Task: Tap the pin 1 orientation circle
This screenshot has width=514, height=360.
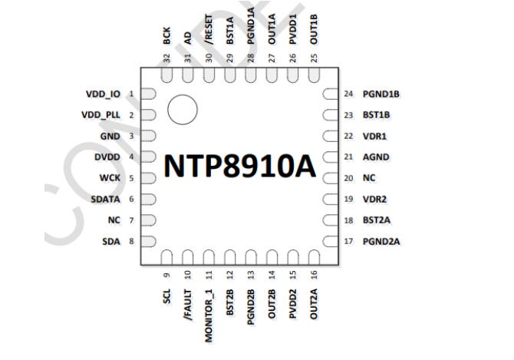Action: (x=182, y=109)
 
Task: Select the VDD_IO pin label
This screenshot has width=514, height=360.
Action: (x=103, y=94)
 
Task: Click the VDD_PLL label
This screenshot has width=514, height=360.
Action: (x=101, y=115)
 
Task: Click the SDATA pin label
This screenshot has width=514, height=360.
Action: (x=105, y=199)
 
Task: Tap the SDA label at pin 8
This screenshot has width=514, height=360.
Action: (x=111, y=242)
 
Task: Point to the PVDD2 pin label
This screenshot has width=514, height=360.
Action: (x=292, y=304)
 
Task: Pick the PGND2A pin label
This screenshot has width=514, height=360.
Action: (x=382, y=242)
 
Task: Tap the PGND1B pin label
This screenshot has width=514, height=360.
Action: (x=382, y=94)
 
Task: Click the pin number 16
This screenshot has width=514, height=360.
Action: (x=313, y=274)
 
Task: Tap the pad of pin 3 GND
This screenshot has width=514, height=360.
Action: (x=149, y=137)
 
